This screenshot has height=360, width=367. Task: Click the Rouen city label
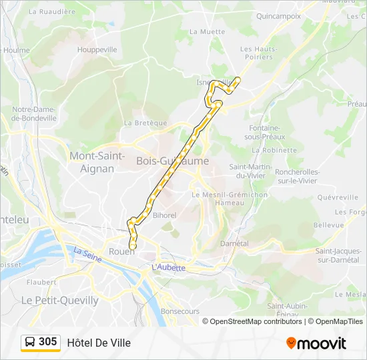click(x=121, y=251)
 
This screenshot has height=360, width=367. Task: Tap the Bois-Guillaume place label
click(x=172, y=161)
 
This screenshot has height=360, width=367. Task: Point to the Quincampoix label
click(x=278, y=16)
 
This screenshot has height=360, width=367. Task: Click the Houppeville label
click(x=97, y=49)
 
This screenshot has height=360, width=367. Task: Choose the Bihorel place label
click(x=164, y=215)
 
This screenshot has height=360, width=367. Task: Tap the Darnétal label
click(x=234, y=243)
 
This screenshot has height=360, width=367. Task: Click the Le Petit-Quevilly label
click(x=60, y=301)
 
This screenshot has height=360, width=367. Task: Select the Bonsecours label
click(x=180, y=311)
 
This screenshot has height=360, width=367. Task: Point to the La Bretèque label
click(x=145, y=123)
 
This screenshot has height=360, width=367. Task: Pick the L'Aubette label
click(x=168, y=267)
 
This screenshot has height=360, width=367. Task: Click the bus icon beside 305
click(x=30, y=342)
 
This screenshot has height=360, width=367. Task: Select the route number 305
click(x=48, y=342)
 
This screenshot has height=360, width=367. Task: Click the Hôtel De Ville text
click(x=99, y=343)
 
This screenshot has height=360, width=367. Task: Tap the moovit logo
click(x=316, y=343)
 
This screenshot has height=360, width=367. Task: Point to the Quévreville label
click(x=338, y=197)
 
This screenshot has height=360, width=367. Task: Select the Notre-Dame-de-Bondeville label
click(x=34, y=113)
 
